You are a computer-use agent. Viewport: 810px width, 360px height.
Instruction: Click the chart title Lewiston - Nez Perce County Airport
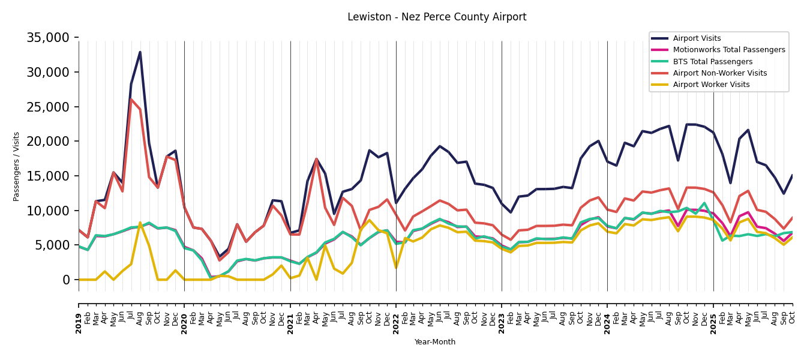click(x=437, y=17)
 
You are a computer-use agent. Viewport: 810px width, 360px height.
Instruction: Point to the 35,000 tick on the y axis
click(x=49, y=38)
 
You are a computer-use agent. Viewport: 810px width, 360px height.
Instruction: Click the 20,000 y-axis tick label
click(x=49, y=142)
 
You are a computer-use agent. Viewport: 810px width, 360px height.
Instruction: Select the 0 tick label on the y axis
click(x=66, y=280)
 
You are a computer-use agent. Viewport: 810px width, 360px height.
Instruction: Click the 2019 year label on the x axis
click(x=79, y=316)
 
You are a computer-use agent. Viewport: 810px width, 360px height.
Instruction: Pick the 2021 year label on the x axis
click(x=290, y=316)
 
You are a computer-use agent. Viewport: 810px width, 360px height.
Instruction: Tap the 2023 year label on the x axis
click(x=502, y=316)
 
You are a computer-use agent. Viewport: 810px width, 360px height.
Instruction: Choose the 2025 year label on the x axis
click(x=713, y=316)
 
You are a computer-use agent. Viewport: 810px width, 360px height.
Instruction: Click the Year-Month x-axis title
click(x=435, y=342)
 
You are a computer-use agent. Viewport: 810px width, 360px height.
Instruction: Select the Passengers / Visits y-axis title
click(x=17, y=166)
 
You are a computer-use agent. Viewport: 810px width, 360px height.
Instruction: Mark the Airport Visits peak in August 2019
click(x=140, y=52)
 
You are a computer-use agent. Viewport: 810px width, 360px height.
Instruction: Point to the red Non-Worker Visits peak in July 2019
click(x=131, y=100)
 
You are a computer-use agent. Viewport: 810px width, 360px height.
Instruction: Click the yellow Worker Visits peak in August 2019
click(x=140, y=223)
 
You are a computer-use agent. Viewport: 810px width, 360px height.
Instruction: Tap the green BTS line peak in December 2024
click(x=704, y=203)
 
